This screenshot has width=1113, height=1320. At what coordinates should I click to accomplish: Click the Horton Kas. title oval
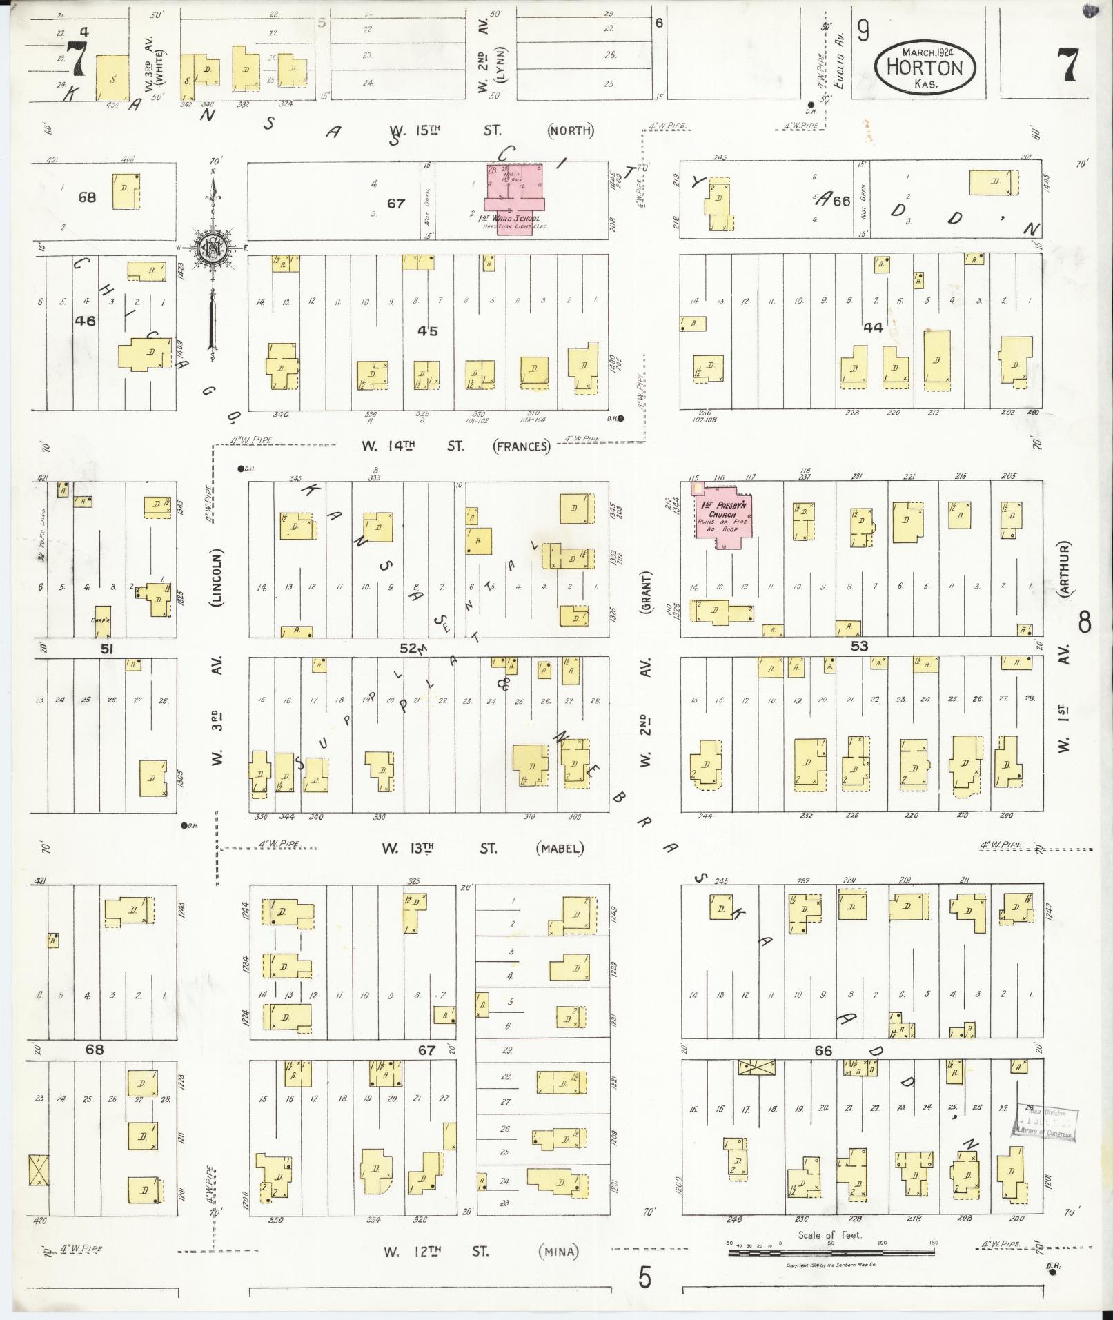pos(925,66)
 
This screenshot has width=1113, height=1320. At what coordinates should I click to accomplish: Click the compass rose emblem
pos(213,248)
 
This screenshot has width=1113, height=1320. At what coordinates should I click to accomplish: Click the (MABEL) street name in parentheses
pos(560,848)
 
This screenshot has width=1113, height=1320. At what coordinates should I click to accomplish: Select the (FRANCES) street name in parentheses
pos(522,446)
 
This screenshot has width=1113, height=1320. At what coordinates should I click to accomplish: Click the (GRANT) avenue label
pos(647,591)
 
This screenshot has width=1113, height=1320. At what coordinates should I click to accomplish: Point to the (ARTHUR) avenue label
pos(1066,568)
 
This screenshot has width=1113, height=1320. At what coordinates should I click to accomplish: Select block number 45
pos(428,331)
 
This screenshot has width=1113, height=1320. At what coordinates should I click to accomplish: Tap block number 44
pos(873,328)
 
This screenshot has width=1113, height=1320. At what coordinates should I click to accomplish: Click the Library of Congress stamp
pos(1045,1121)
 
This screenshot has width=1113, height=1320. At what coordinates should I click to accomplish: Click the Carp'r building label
pos(102,619)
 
